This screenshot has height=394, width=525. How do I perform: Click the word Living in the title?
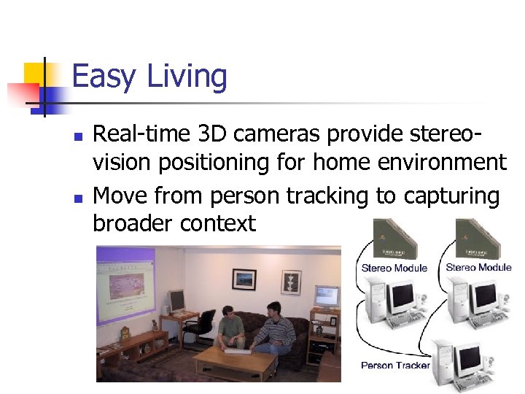pyautogui.click(x=187, y=77)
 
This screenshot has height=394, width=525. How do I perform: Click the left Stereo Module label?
pyautogui.click(x=394, y=269)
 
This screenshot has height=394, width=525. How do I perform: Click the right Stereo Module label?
pyautogui.click(x=478, y=268)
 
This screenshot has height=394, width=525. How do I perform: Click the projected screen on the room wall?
pyautogui.click(x=125, y=285)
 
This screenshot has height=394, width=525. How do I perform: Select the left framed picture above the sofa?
pyautogui.click(x=244, y=279)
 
